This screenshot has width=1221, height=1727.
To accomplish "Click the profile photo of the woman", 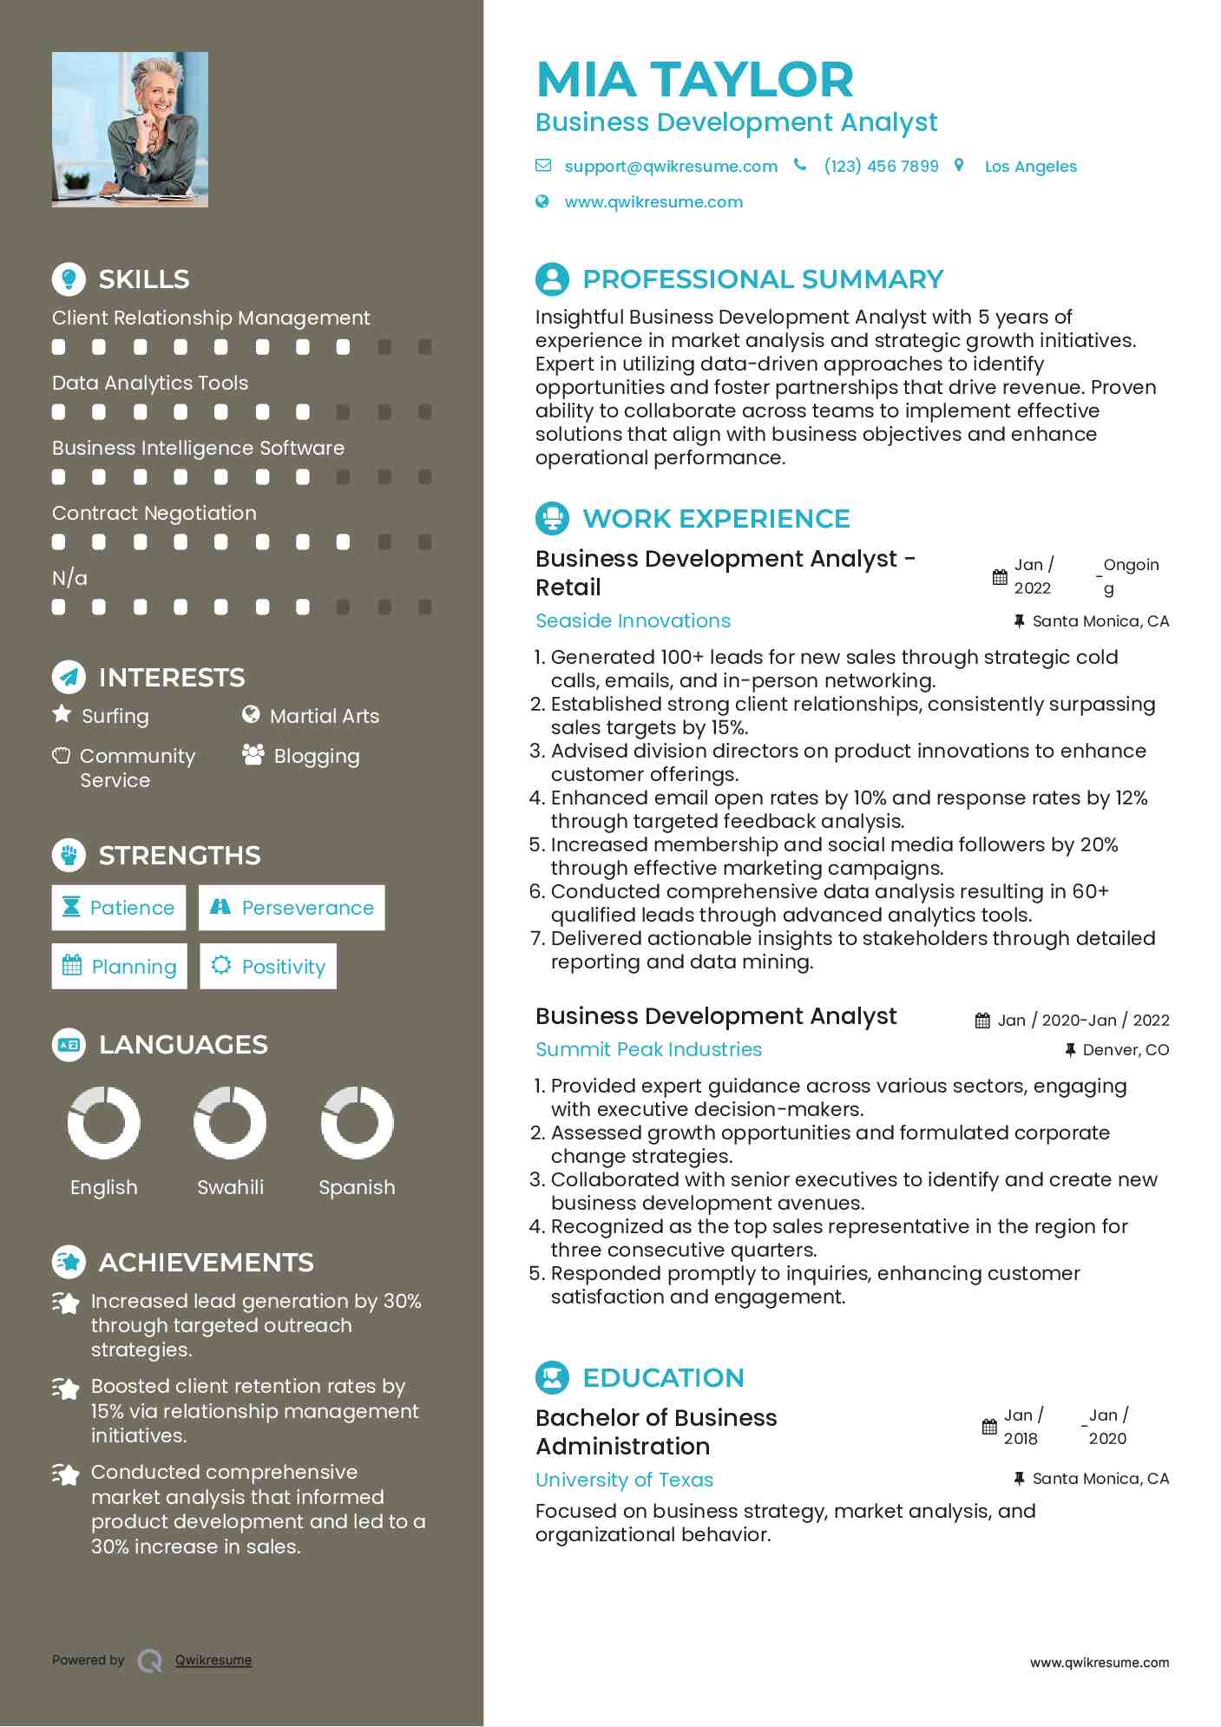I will (130, 129).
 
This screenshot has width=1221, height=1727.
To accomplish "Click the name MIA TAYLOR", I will (695, 80).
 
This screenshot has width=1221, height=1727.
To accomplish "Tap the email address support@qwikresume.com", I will (670, 166).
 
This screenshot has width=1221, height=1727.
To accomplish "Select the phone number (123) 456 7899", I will (881, 166).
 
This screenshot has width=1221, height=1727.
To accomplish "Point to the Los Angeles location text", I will (1030, 167).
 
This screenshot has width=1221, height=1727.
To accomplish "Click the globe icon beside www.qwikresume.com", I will (542, 201).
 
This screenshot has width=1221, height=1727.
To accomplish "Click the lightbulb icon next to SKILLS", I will (69, 279).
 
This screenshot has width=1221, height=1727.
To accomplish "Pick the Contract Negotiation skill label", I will (154, 513).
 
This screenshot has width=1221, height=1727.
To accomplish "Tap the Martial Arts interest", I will (324, 716).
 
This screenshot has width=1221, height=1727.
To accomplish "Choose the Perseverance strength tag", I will (292, 908).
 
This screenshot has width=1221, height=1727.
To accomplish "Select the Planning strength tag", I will (119, 967).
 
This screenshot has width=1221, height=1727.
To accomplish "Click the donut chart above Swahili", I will (230, 1122).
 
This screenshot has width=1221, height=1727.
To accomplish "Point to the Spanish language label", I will (357, 1187).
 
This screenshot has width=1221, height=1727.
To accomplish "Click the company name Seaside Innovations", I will (633, 621).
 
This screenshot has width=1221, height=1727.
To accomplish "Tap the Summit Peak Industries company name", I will (648, 1049).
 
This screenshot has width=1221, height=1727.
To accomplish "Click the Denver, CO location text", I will (1126, 1050).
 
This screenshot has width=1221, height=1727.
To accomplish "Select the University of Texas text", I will (624, 1480).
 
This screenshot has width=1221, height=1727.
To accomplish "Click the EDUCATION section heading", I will (663, 1377).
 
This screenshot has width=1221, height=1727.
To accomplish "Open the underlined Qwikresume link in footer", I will (213, 1660).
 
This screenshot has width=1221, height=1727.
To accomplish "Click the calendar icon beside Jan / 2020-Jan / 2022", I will (982, 1021).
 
